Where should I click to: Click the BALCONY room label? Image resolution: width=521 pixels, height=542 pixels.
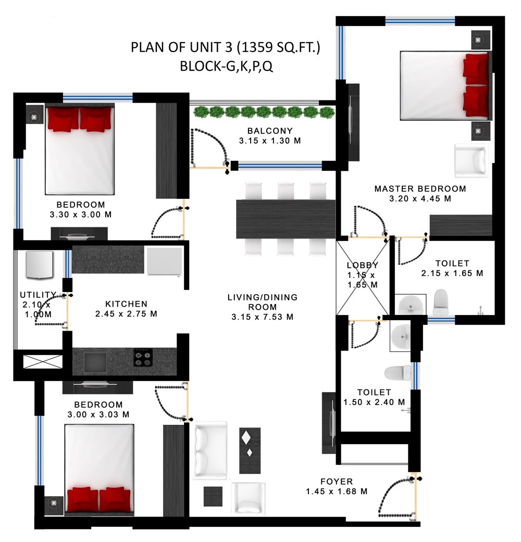[x=270, y=131]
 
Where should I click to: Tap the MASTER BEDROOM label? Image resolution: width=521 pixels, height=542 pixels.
[x=420, y=188]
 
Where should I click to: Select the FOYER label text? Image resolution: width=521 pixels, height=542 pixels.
[x=337, y=482]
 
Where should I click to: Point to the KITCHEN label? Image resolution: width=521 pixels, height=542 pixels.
[x=126, y=304]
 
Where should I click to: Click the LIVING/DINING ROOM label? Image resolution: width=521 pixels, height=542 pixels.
[x=263, y=302]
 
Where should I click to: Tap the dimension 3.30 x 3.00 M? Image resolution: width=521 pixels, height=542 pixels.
[x=81, y=215]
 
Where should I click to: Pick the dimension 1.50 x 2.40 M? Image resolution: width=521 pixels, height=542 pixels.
[x=374, y=402]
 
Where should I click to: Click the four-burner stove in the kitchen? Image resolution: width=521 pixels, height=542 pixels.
[x=143, y=358]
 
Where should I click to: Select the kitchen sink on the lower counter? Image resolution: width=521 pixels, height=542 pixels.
[x=95, y=362]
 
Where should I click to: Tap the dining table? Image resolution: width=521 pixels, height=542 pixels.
[x=286, y=219]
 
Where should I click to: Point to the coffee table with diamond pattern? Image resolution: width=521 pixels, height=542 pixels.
[x=250, y=450]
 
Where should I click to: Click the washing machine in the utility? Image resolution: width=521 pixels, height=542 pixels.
[x=40, y=265]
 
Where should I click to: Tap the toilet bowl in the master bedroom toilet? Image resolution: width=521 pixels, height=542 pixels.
[x=441, y=302]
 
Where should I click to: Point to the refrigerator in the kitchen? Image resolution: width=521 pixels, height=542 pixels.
[x=164, y=261]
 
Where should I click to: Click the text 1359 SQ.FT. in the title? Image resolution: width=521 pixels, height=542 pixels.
[x=279, y=47]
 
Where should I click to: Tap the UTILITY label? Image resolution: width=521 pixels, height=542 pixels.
[x=38, y=295]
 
